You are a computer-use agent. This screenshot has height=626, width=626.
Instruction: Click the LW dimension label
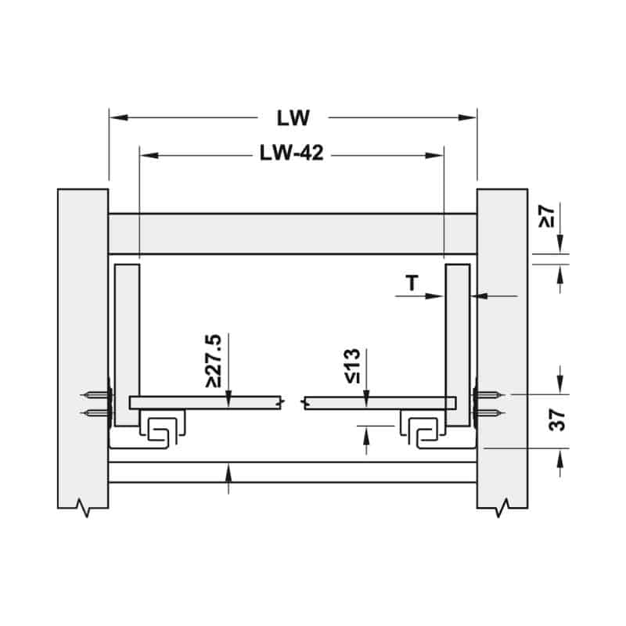click(293, 118)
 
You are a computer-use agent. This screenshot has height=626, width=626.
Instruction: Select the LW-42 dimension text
click(291, 153)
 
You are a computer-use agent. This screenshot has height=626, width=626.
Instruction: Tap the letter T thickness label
click(412, 283)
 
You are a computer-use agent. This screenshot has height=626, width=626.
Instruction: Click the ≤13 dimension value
click(353, 366)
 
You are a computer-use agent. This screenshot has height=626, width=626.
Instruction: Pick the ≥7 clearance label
click(546, 217)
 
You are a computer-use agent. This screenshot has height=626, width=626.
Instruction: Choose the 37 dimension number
click(557, 419)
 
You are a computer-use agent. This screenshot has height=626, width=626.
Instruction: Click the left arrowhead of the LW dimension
click(119, 117)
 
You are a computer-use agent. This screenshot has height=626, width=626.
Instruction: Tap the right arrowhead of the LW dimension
click(467, 117)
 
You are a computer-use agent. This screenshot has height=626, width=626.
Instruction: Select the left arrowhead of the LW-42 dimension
click(149, 155)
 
